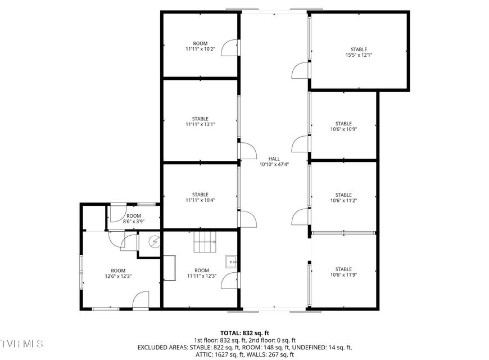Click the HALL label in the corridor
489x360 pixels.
point(274,159)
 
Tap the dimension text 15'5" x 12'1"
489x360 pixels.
point(359,55)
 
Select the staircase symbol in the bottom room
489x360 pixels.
point(205,242)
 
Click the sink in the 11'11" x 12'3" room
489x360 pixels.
point(231,262)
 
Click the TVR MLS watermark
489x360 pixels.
point(21,344)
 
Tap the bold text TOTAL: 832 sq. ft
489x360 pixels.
point(244,333)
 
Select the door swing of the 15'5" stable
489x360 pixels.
point(300,70)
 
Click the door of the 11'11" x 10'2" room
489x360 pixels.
point(229,48)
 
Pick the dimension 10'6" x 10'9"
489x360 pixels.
point(343,129)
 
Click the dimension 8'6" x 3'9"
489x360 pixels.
point(133,222)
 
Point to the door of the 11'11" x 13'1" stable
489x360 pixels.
point(248,151)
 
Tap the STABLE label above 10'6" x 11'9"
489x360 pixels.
point(343,269)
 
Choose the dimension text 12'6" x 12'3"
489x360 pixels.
point(118,276)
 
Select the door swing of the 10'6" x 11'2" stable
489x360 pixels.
point(300,217)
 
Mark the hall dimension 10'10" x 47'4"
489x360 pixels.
point(274,164)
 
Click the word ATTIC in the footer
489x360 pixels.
point(203,354)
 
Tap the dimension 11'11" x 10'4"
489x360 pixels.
point(200,200)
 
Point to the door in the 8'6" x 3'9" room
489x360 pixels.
point(117,213)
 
